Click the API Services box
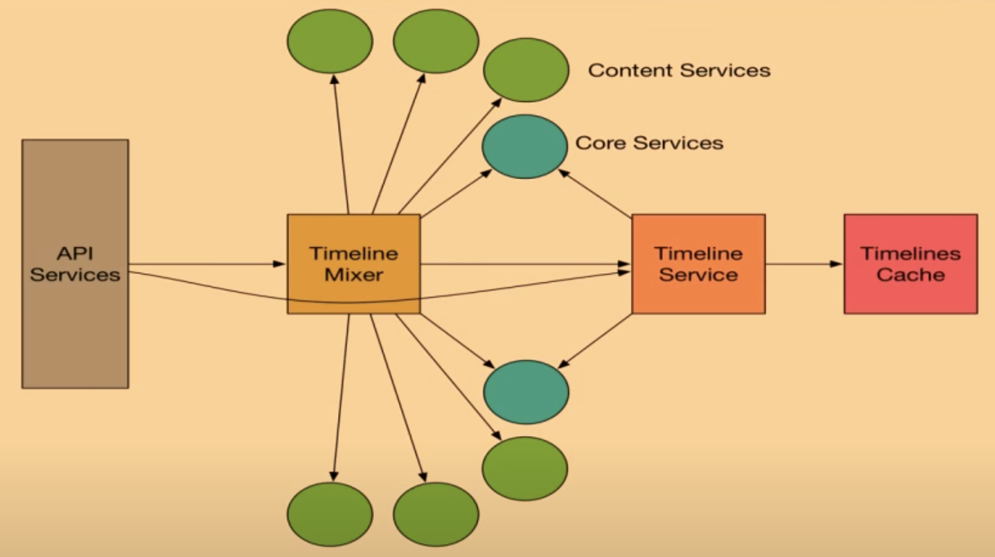tap(75, 327)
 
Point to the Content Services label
tap(679, 70)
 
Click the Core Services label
tap(649, 143)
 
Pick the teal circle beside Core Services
tap(524, 146)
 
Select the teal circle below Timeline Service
tap(526, 392)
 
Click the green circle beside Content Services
tap(526, 70)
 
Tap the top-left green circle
tap(330, 41)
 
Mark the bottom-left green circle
tap(330, 514)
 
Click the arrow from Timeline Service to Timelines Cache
tap(804, 264)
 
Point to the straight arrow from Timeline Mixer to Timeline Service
tap(523, 264)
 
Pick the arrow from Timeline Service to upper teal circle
tap(595, 194)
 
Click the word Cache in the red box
tap(911, 275)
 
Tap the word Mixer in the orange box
tap(354, 275)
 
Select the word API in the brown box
tap(75, 253)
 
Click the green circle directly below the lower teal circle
tap(524, 469)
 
